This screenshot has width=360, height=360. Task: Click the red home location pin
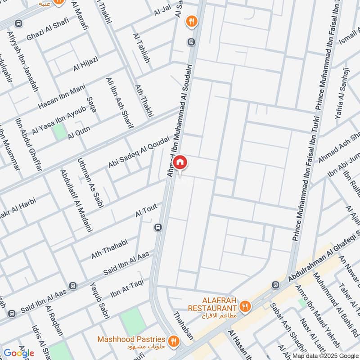point(180,162)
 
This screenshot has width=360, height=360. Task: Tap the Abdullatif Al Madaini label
point(76,201)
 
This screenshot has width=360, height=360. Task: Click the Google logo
point(18,353)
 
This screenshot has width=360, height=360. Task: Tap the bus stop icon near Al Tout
point(157,227)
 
